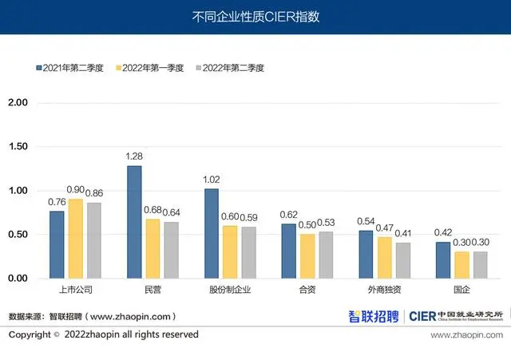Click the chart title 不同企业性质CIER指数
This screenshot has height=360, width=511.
[x=255, y=16]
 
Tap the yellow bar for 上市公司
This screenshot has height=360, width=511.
[x=76, y=239]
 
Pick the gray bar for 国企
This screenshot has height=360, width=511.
[x=480, y=265]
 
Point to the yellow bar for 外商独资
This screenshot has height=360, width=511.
[x=384, y=258]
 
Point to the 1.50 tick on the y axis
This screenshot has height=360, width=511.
[x=18, y=147]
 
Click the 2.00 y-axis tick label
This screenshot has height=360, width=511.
[x=18, y=103]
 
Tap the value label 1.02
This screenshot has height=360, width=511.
[x=212, y=180]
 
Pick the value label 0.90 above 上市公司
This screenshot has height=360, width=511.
[x=76, y=190]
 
